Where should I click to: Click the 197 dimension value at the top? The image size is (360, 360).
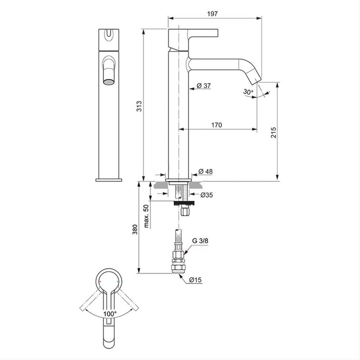click(x=212, y=14)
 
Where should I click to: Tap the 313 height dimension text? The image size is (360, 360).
click(x=139, y=106)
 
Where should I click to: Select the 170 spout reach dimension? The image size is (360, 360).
click(x=216, y=125)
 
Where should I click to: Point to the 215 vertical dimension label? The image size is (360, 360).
click(x=274, y=132)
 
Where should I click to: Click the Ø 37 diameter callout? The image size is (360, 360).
click(x=204, y=86)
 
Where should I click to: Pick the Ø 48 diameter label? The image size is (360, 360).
click(x=206, y=171)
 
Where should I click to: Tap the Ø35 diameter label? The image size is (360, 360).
click(x=206, y=195)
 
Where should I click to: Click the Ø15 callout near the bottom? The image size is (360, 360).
click(x=195, y=280)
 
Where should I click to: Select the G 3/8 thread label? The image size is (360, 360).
click(x=200, y=240)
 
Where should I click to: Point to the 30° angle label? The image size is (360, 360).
click(x=248, y=92)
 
